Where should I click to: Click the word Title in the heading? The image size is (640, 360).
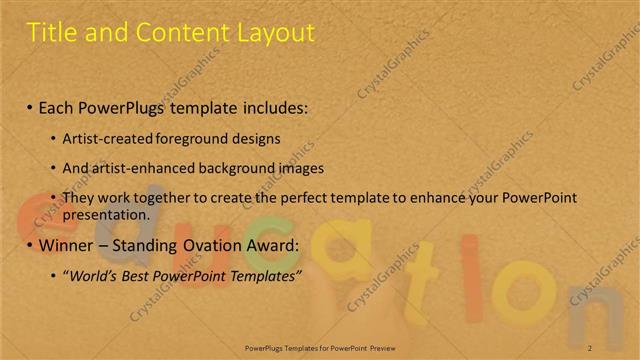(x=52, y=32)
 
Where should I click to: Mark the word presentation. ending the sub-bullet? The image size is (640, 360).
(x=105, y=214)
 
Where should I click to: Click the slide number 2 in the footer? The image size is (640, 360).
(x=590, y=347)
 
